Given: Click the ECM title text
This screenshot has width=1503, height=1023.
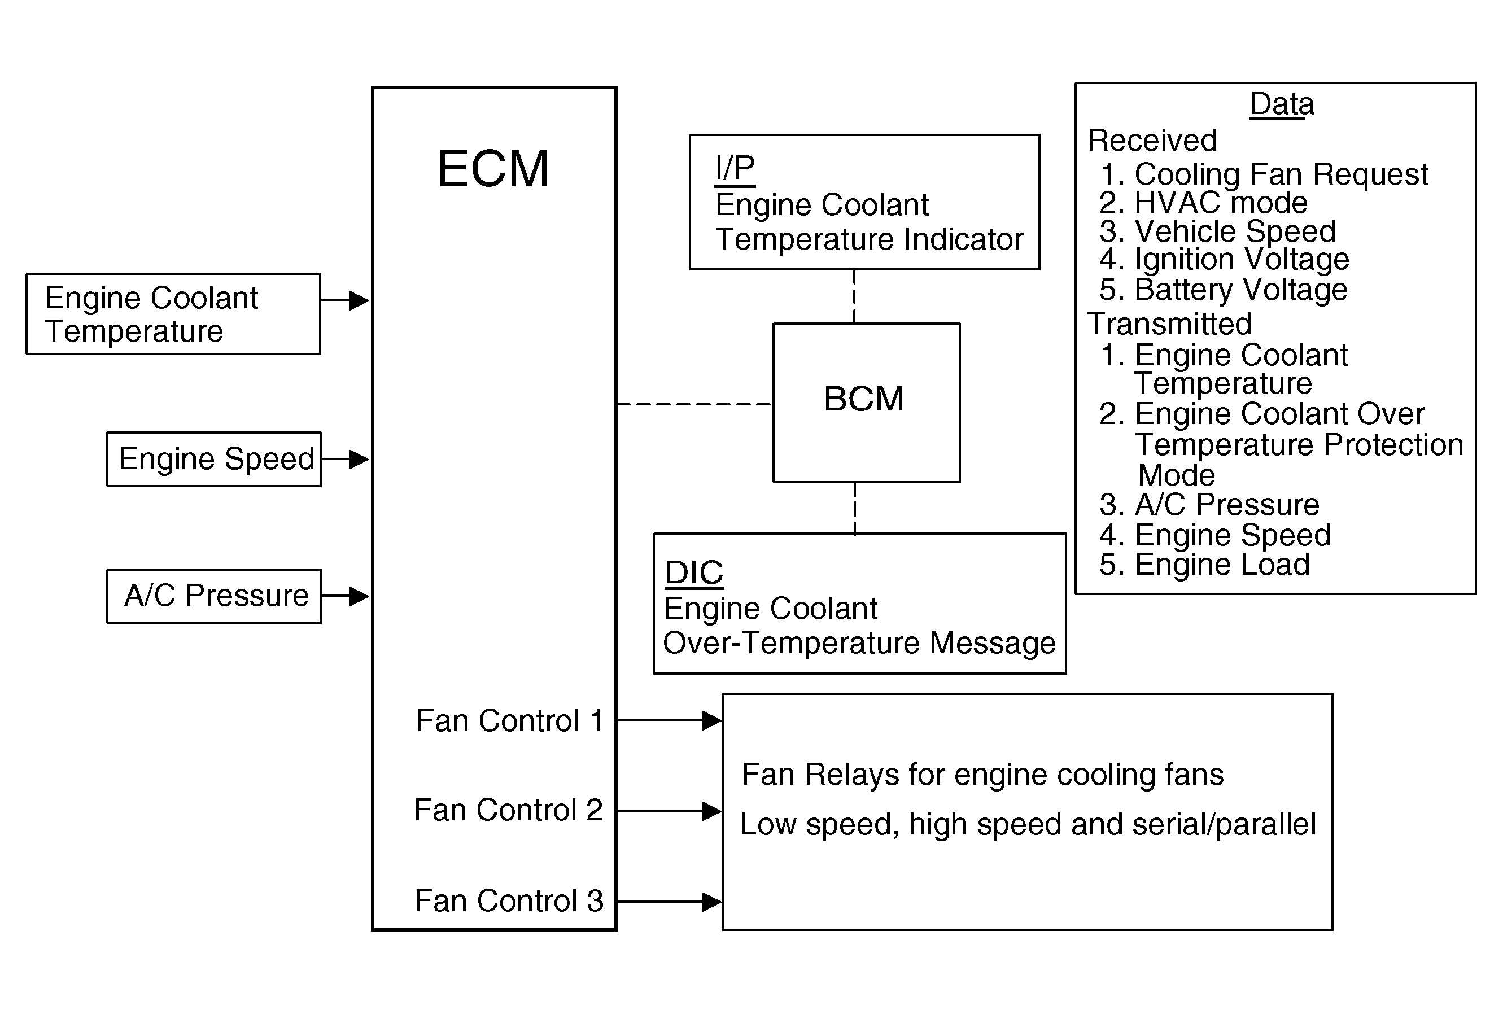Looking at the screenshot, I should [x=493, y=169].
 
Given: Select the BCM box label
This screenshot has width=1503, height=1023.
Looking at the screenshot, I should [x=863, y=399].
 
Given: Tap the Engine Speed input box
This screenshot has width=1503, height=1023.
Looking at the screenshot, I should [x=214, y=459].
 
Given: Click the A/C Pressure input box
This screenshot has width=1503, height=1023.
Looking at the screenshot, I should [x=214, y=596].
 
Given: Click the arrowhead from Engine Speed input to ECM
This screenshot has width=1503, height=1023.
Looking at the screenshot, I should [x=359, y=459].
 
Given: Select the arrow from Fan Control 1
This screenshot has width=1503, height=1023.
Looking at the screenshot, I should [x=670, y=720].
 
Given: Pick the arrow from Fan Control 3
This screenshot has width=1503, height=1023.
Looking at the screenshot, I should [x=670, y=902].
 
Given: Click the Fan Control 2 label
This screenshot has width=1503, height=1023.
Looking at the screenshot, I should [x=508, y=810].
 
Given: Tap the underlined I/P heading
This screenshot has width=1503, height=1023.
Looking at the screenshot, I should [x=735, y=169].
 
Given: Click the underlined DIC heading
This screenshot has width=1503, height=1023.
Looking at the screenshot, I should [x=694, y=572].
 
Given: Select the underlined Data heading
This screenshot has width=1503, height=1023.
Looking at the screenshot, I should [x=1282, y=104].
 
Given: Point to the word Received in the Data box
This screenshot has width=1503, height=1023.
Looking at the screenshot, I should [x=1152, y=141].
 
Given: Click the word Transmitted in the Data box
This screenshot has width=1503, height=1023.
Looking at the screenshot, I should [x=1169, y=323].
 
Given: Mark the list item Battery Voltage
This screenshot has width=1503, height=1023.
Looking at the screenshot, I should [x=1240, y=289].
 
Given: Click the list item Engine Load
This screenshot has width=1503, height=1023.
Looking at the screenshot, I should [x=1222, y=565].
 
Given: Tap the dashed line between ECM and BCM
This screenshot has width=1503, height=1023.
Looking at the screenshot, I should [x=694, y=404].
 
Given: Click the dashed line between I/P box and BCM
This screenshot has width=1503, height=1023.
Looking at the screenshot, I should [x=854, y=296].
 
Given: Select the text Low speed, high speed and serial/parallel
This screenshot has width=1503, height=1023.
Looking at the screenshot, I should [x=1028, y=824].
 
